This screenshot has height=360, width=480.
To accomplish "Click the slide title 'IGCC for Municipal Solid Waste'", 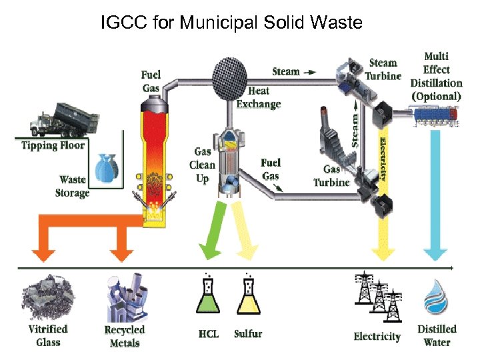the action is point(231,23).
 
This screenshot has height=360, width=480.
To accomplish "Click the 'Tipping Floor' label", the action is point(53,145).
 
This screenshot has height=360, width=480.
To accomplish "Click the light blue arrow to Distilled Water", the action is point(437,200).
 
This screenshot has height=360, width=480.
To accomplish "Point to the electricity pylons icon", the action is point(377,297).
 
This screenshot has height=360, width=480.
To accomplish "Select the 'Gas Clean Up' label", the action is point(202,165).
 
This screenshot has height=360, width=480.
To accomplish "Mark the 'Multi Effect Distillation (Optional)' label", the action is point(436,76).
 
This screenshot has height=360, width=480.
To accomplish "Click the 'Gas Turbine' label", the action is point(331,176).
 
